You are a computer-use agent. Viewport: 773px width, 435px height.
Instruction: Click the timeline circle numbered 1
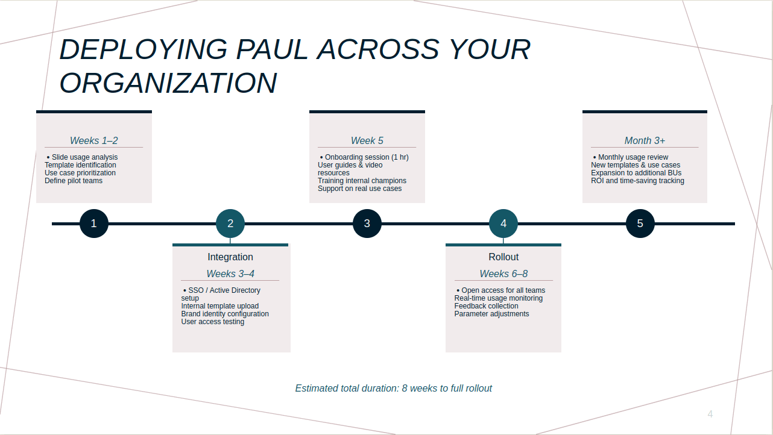click(x=94, y=224)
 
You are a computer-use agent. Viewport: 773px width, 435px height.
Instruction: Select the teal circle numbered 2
click(x=230, y=224)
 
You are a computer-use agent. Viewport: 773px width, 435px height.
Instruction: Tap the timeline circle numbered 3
click(x=367, y=224)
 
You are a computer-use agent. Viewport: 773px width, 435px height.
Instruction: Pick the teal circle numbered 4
click(x=503, y=224)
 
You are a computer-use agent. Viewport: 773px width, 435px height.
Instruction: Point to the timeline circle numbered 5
click(x=640, y=224)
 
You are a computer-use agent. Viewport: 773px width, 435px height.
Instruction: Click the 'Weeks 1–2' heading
click(x=93, y=140)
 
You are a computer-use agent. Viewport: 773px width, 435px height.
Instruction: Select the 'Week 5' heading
click(x=367, y=140)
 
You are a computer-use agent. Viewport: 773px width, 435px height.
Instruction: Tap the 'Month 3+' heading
click(x=645, y=140)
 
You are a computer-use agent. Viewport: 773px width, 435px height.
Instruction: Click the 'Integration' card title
click(x=230, y=257)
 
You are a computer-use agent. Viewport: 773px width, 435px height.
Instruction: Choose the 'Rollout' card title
click(x=503, y=257)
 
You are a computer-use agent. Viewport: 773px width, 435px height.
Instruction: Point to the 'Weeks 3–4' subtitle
click(x=230, y=274)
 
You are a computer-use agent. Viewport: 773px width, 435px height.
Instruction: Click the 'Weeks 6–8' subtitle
click(x=503, y=274)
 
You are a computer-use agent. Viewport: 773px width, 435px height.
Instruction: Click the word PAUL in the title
click(x=271, y=49)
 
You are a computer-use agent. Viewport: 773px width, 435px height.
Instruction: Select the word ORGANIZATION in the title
click(x=168, y=83)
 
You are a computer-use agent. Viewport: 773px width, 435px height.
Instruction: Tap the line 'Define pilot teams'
click(x=74, y=181)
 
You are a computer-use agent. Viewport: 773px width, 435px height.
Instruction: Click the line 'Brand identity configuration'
click(x=225, y=314)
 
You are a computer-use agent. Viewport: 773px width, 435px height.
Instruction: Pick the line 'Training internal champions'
click(x=362, y=181)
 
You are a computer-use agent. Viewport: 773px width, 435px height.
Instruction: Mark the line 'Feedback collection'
click(x=486, y=306)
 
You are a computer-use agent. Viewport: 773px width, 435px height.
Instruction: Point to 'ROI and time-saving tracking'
click(x=637, y=181)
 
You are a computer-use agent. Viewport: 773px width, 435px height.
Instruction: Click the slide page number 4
click(x=710, y=414)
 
